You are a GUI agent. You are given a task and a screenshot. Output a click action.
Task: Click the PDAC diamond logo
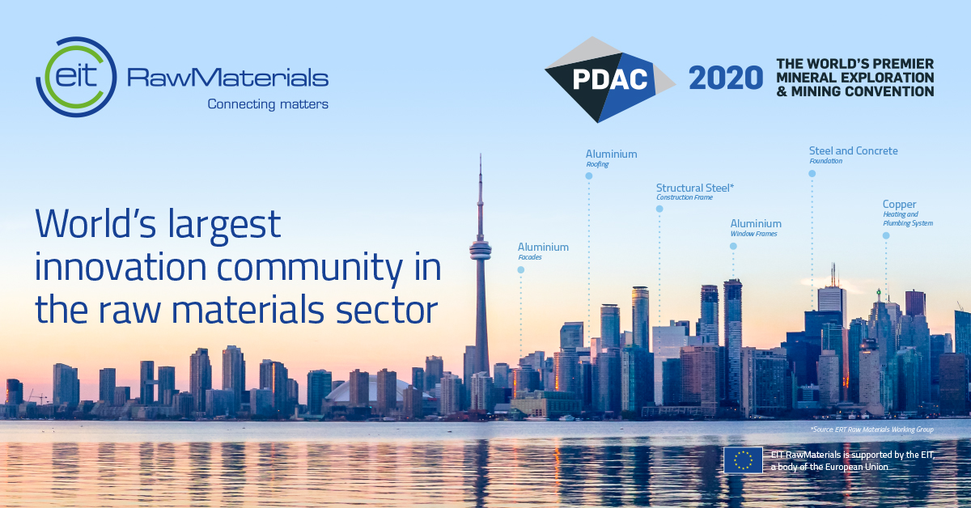tap(610, 79)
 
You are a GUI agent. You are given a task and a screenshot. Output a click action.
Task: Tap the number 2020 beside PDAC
tap(726, 78)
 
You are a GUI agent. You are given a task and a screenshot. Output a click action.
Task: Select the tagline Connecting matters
tap(268, 104)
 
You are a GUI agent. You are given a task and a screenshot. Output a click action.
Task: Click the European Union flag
tap(743, 460)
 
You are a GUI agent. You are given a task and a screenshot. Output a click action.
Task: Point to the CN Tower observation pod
tap(481, 251)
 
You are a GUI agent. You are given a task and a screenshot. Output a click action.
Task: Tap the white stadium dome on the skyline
tap(368, 389)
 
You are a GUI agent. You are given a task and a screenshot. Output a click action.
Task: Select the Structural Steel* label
tap(695, 188)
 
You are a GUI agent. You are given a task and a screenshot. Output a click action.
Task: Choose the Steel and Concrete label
tap(853, 150)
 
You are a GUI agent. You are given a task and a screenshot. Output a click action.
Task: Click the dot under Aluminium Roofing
tap(589, 176)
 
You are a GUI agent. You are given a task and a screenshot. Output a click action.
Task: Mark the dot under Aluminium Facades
tap(521, 269)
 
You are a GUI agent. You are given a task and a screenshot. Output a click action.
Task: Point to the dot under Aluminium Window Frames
tap(733, 246)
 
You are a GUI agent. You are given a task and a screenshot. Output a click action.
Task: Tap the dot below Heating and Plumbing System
tap(886, 235)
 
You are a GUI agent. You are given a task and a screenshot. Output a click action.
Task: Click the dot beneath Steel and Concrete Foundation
tap(812, 173)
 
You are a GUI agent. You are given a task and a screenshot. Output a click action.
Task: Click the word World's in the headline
tap(95, 223)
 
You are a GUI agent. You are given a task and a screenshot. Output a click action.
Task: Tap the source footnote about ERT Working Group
tap(871, 429)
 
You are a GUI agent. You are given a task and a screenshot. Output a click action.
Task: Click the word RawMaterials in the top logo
tap(227, 78)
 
